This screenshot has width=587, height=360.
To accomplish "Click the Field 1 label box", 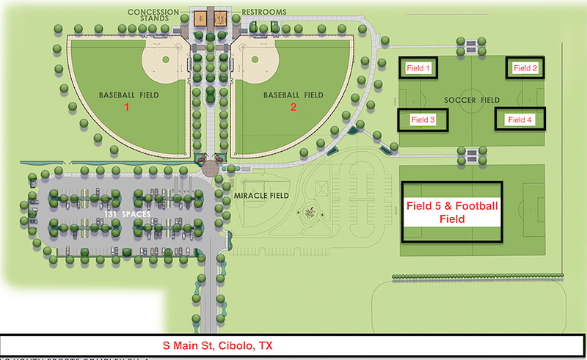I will pyautogui.click(x=418, y=68).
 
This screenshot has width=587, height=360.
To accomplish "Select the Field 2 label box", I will pyautogui.click(x=525, y=68).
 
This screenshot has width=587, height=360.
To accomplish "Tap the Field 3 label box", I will pyautogui.click(x=423, y=120).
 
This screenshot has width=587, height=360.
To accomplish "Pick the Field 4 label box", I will pyautogui.click(x=520, y=120).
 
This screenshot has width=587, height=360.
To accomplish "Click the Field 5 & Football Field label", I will pyautogui.click(x=452, y=213).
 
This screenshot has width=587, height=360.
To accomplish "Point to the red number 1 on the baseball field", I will pyautogui.click(x=126, y=106).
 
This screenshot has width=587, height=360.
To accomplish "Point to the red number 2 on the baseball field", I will pyautogui.click(x=293, y=106).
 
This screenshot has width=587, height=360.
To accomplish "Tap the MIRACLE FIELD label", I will pyautogui.click(x=258, y=195).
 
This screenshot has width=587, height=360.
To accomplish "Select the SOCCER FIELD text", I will pyautogui.click(x=472, y=100).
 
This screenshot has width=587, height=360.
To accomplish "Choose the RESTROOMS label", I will pyautogui.click(x=264, y=12).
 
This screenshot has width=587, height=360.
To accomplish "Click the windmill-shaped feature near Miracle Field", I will pyautogui.click(x=311, y=212).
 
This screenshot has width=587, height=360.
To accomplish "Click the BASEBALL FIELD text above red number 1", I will pyautogui.click(x=128, y=95).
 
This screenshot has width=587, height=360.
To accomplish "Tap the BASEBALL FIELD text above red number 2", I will pyautogui.click(x=293, y=95).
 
